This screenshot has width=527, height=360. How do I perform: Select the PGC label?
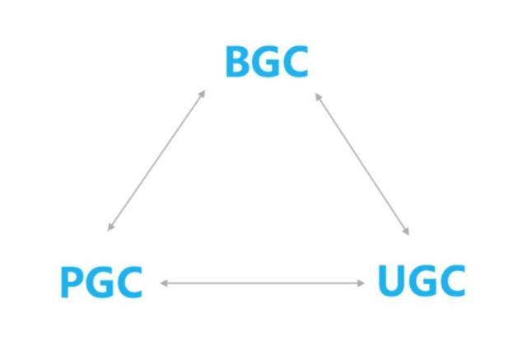101,283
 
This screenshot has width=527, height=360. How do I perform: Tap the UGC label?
422,282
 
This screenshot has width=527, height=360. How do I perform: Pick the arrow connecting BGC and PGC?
156,160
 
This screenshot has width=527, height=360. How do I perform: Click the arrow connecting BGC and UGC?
362,164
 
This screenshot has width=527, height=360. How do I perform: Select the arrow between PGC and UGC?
262,283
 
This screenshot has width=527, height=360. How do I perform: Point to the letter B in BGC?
237,63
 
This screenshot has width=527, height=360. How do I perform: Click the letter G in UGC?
422,282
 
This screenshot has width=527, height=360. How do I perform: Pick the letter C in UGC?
451,282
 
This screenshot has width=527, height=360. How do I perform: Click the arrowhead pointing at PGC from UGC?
163,283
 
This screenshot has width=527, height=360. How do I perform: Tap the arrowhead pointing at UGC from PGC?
361,283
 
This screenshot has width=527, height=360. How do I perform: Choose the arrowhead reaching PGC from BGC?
110,228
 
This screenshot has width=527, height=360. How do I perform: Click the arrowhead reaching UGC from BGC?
407,233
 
